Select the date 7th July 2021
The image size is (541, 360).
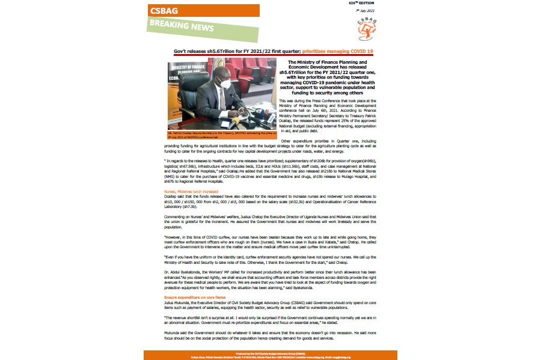point(365,11)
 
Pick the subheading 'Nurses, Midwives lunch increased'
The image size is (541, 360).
point(186,192)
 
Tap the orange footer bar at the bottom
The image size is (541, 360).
point(270,355)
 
